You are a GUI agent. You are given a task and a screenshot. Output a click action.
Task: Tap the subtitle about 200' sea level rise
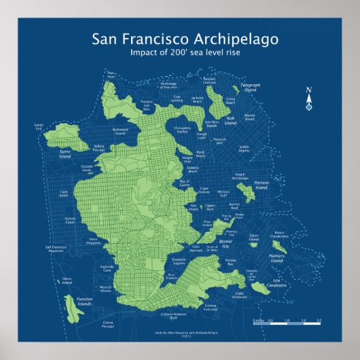(180, 53)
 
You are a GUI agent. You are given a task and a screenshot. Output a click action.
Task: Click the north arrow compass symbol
(308, 100)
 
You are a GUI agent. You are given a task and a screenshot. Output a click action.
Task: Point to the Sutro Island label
(67, 154)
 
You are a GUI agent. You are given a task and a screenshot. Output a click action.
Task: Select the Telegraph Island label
(250, 87)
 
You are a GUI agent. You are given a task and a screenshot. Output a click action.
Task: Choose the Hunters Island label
(276, 259)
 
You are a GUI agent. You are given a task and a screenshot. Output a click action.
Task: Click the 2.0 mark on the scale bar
(319, 320)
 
